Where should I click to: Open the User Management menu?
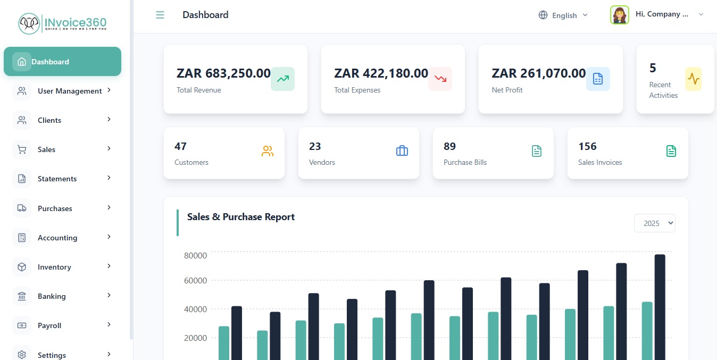tap(69, 91)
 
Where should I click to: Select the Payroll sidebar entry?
tap(49, 325)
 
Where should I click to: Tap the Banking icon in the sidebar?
tap(22, 296)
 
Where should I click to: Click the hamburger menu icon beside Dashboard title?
tap(160, 15)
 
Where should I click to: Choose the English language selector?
tap(563, 15)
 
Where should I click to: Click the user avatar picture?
tap(620, 15)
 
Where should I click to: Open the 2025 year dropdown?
tap(654, 223)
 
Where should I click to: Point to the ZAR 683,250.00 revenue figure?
tap(223, 73)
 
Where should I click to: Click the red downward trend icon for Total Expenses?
tap(440, 79)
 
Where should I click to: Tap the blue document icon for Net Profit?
tap(598, 79)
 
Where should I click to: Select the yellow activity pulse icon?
tap(693, 79)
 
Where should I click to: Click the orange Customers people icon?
tap(267, 152)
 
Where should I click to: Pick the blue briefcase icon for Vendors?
tap(402, 152)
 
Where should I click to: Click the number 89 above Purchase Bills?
tap(449, 146)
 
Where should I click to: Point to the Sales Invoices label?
tap(600, 162)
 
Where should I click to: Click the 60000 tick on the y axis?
tap(195, 281)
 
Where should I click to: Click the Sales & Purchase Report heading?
tap(241, 217)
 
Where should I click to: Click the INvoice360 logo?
tap(63, 23)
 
